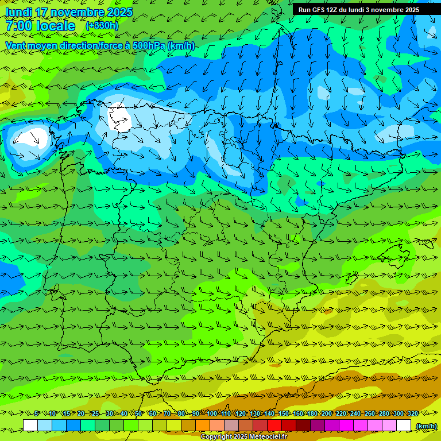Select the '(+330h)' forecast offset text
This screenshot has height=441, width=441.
[x=102, y=25]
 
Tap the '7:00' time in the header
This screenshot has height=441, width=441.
[x=19, y=26]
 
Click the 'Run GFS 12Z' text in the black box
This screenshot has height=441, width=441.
[x=318, y=10]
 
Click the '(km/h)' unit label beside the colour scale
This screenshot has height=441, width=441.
[x=426, y=425]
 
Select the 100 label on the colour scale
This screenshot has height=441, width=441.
[x=211, y=413]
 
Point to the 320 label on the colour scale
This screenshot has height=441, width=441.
[x=412, y=413]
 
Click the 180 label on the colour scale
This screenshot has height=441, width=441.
[x=312, y=413]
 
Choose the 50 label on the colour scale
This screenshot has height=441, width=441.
[x=138, y=413]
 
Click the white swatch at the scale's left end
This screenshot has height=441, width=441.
[x=30, y=425]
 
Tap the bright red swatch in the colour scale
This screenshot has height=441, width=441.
[x=274, y=425]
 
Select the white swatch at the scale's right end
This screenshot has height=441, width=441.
[x=404, y=425]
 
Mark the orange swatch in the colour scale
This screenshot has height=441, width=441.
[x=203, y=425]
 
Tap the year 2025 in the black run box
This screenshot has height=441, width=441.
[x=409, y=10]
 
